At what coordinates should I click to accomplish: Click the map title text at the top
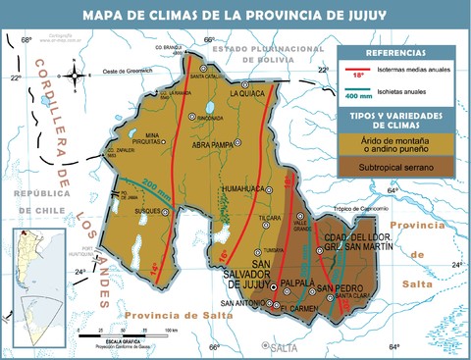(x=235, y=15)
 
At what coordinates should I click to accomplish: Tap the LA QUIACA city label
(x=249, y=94)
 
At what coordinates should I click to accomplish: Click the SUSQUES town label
(x=146, y=237)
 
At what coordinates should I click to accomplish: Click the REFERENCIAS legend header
(x=395, y=53)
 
